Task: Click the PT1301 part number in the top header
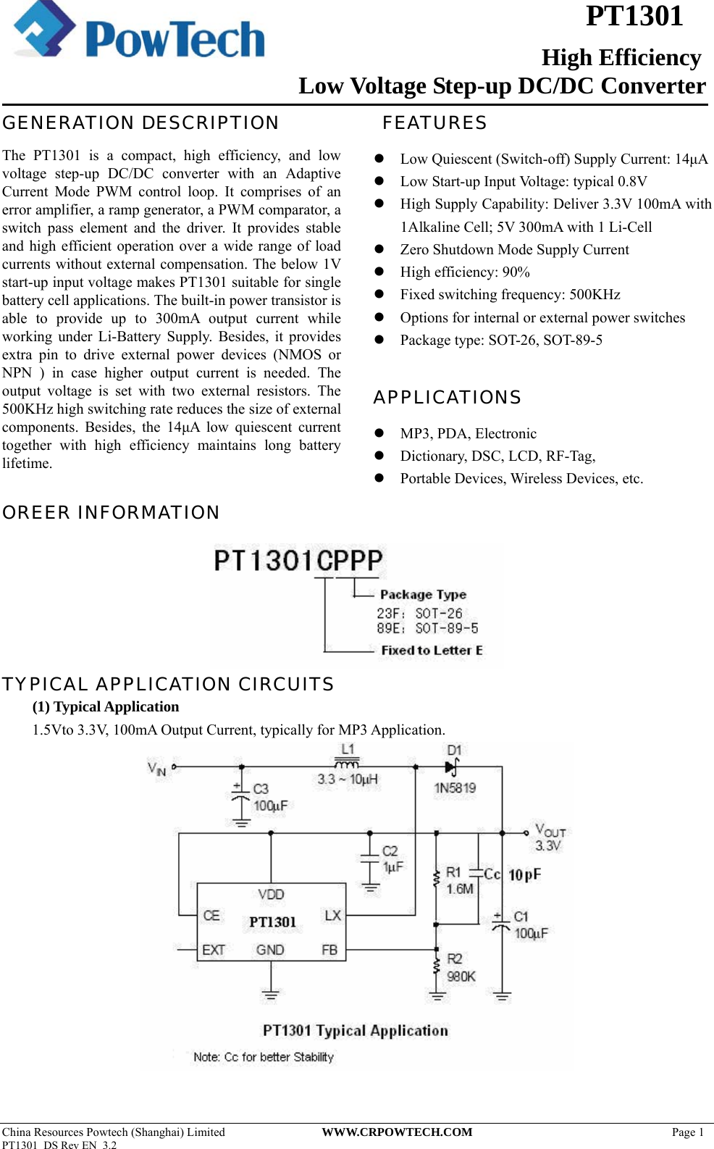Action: (634, 16)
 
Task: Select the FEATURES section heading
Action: (434, 123)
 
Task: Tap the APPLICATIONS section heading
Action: (447, 398)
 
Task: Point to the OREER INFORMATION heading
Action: (111, 513)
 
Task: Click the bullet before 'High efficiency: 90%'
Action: (379, 272)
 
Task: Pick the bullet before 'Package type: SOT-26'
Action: (379, 340)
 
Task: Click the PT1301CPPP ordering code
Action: (298, 561)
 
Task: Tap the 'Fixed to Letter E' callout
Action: (432, 651)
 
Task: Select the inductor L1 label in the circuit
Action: (348, 750)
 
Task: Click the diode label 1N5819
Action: (455, 788)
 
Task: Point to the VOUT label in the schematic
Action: (550, 831)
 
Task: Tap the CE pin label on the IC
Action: (211, 916)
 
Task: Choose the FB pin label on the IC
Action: (329, 950)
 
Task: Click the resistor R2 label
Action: (455, 959)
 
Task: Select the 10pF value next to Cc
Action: (524, 875)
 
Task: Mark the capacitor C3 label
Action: (261, 789)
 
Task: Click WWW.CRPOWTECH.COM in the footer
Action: (397, 1132)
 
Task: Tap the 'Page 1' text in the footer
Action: (687, 1132)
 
